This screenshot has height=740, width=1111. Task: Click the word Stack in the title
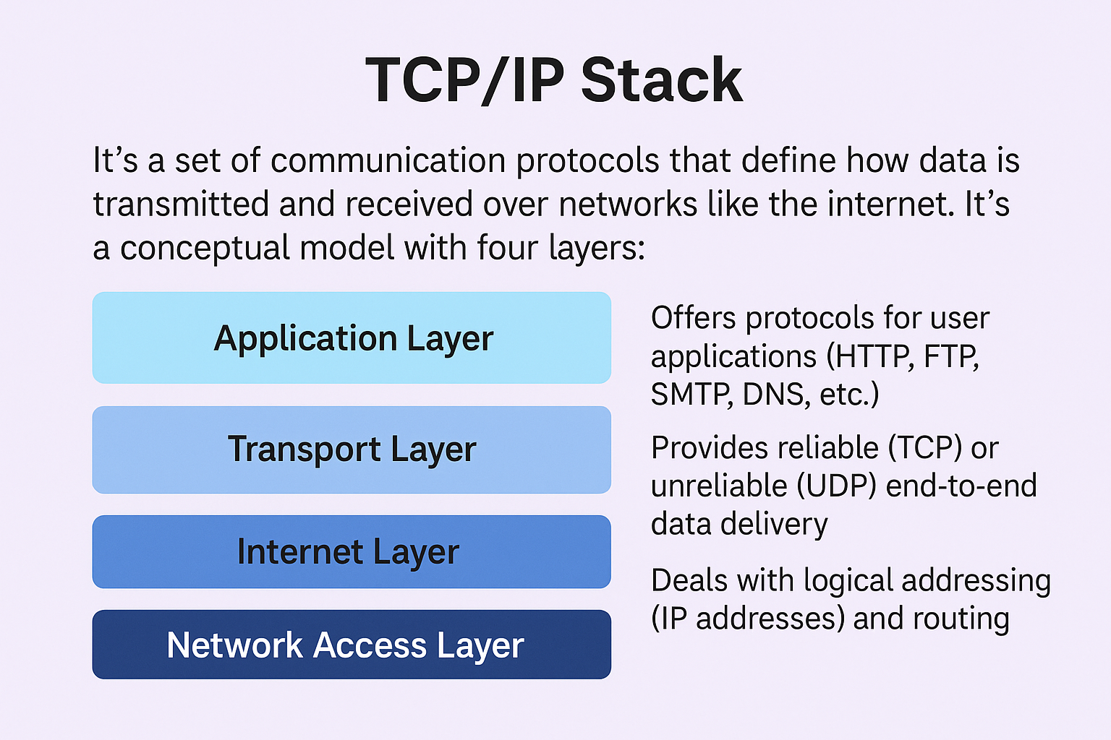(662, 79)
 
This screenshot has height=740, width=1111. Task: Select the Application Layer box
(352, 337)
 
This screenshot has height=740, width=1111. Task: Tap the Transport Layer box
(352, 449)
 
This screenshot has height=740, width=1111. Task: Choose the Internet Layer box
(352, 551)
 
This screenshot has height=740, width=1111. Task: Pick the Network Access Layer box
(352, 645)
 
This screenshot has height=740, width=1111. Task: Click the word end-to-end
(961, 486)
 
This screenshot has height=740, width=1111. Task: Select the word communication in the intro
(388, 160)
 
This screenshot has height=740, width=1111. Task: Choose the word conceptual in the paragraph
(205, 249)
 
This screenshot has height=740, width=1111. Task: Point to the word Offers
(694, 318)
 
